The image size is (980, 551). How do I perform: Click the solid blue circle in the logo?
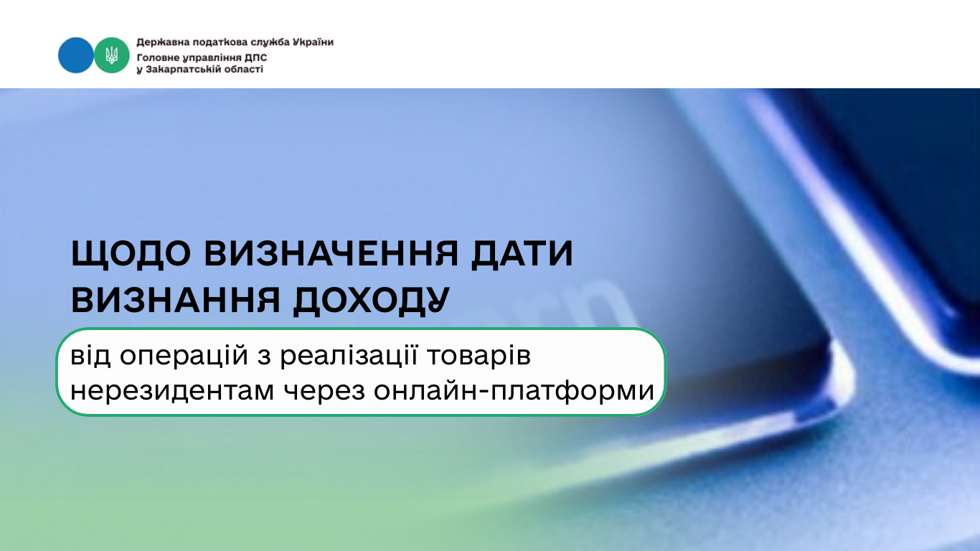(x=75, y=55)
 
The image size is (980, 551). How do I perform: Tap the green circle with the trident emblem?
(x=112, y=55)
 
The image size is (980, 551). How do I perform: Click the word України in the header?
(x=313, y=42)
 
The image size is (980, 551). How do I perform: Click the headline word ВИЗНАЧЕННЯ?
(x=331, y=253)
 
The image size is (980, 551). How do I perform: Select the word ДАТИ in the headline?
(x=522, y=254)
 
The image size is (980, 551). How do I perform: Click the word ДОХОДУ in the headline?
(x=371, y=301)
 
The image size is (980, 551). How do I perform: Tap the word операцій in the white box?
(x=184, y=356)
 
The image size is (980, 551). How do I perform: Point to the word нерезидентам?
(x=172, y=391)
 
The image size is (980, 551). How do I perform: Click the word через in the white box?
(x=324, y=392)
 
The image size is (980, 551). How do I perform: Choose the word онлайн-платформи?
(x=514, y=391)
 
